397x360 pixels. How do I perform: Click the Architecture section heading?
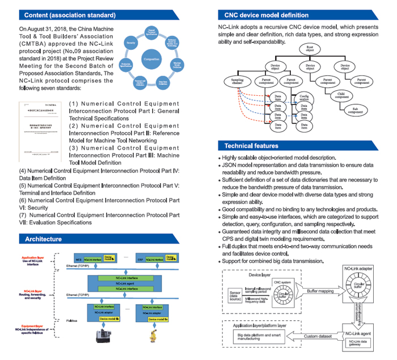[44, 239]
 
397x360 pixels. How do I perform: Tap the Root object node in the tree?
[309, 49]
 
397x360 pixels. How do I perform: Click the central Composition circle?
[151, 58]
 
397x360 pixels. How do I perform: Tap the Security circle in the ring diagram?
[130, 43]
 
